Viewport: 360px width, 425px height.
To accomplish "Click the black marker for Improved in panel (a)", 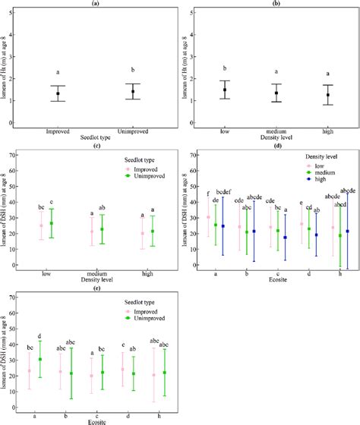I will click(58, 93).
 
